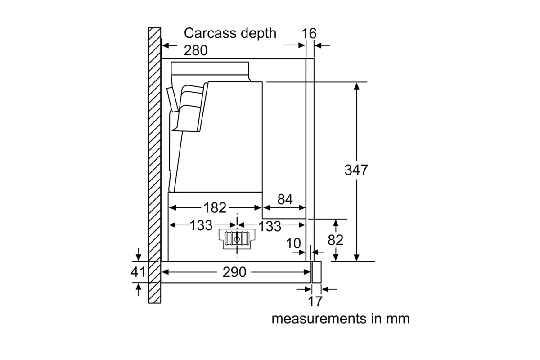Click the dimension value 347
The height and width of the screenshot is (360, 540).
coord(356,170)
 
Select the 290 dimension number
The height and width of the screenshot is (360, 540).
coord(234,272)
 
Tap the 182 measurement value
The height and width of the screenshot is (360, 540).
coord(215,207)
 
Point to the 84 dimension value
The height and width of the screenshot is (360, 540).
coord(285,200)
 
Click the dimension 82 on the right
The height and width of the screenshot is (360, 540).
coord(336,240)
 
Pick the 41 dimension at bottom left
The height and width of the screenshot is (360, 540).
coord(138,272)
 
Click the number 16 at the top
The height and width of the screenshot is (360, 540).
coord(310,33)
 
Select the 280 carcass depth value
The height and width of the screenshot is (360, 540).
coord(196,50)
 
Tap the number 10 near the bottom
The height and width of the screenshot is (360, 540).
coord(293,243)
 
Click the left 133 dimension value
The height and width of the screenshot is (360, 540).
coord(200,225)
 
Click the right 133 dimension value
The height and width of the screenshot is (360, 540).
coord(270,226)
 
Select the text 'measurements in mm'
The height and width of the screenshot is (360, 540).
coord(341,319)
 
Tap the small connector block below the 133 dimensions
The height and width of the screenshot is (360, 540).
coord(236,238)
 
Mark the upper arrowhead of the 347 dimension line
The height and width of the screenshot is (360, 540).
coord(356,85)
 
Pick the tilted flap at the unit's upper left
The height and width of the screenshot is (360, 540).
coord(170,99)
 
